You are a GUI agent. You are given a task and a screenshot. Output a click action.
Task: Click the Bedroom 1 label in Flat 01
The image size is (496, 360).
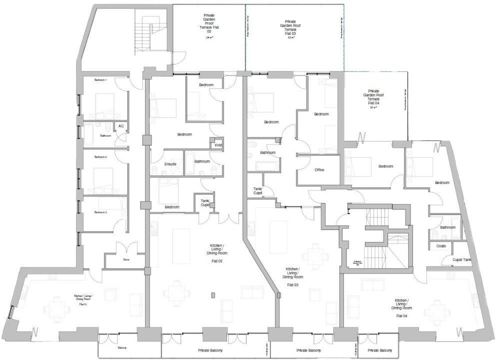[100, 80]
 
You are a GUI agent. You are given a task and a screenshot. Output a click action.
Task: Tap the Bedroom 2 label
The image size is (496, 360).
[101, 157]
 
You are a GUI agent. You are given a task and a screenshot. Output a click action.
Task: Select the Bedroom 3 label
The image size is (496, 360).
[101, 212]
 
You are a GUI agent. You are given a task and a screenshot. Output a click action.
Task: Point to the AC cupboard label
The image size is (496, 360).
[121, 126]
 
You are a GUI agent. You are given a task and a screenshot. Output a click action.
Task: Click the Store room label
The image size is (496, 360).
[126, 259]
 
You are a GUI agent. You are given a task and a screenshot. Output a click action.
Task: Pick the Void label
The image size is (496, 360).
[218, 145]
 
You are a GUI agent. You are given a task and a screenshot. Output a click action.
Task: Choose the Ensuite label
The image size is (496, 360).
[170, 164]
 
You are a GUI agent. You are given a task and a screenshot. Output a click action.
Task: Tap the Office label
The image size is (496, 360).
[319, 170]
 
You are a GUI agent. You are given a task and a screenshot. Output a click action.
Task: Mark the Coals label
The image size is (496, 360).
[441, 246]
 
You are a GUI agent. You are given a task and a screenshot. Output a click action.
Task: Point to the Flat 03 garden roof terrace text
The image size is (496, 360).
[290, 29]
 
